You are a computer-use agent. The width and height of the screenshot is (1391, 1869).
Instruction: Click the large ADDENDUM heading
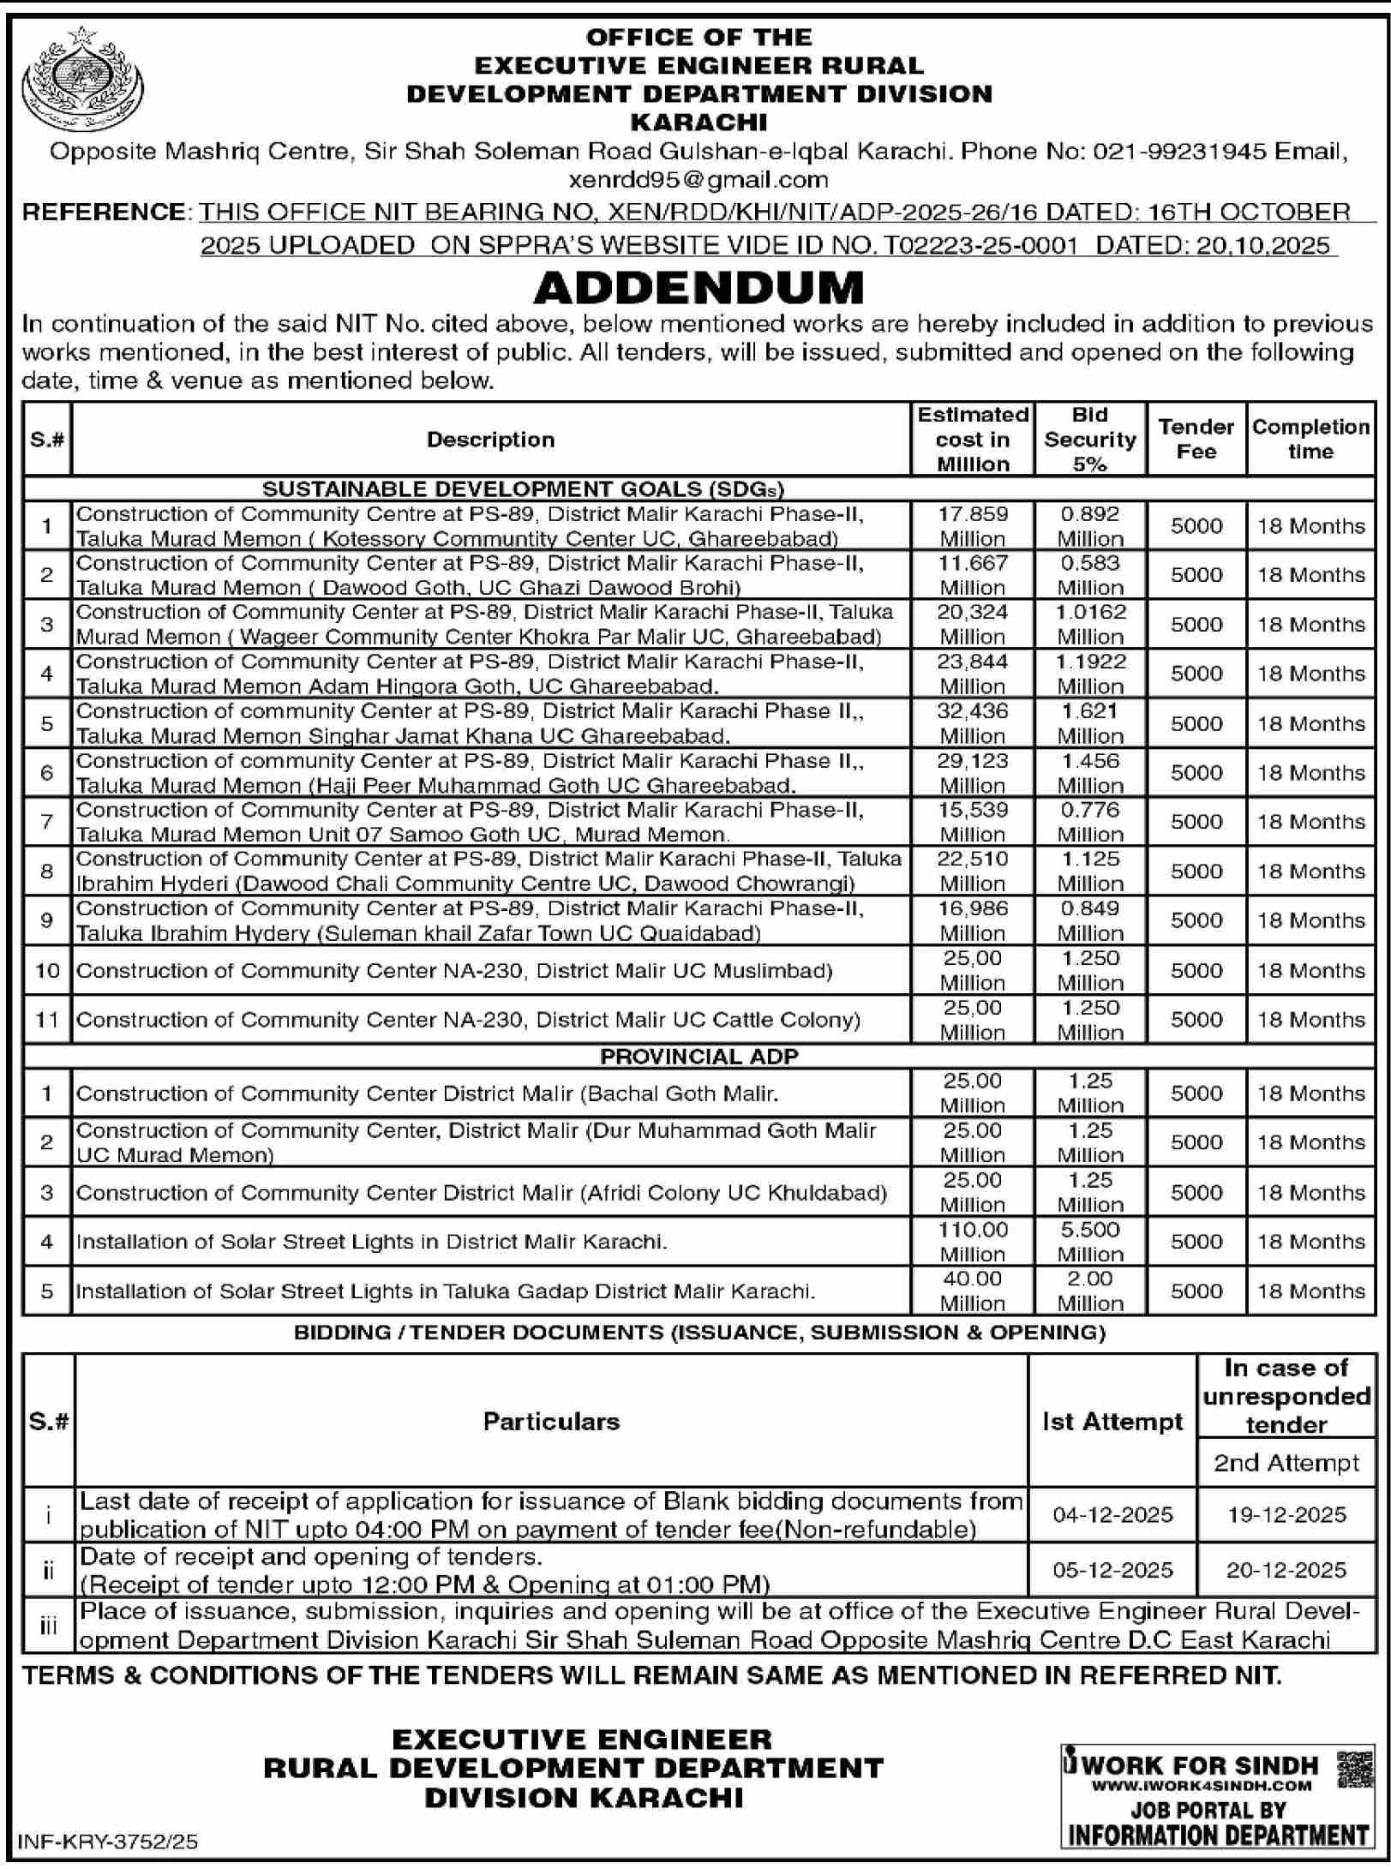(x=698, y=288)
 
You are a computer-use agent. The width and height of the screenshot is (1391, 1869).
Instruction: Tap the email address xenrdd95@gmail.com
(x=698, y=180)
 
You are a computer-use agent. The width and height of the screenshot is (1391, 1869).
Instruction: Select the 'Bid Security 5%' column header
(x=1089, y=440)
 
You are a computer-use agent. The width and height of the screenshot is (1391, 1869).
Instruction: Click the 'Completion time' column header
(x=1310, y=440)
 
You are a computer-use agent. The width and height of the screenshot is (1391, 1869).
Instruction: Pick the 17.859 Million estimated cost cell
(x=972, y=526)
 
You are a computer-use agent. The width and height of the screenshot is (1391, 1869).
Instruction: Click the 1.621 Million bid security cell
(x=1089, y=723)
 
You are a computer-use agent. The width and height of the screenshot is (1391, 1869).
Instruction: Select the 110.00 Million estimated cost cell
(x=972, y=1242)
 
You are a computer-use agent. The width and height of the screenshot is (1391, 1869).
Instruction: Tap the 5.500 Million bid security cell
(x=1089, y=1242)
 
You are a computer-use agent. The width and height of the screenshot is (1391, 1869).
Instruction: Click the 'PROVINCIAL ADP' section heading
(x=698, y=1057)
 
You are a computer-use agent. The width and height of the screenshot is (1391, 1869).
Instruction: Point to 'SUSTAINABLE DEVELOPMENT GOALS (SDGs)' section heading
(x=523, y=488)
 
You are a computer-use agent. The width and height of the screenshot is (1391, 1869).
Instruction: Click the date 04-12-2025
(x=1112, y=1515)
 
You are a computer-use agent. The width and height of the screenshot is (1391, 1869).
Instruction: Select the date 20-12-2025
(x=1286, y=1570)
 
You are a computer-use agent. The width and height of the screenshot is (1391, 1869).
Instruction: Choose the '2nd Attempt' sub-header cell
(x=1286, y=1463)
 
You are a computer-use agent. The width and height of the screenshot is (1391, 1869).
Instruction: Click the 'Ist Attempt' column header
(x=1112, y=1422)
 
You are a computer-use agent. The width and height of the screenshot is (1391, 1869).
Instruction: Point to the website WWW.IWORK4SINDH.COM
(x=1202, y=1786)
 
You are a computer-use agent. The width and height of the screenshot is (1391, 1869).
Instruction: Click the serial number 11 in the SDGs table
(x=47, y=1020)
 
